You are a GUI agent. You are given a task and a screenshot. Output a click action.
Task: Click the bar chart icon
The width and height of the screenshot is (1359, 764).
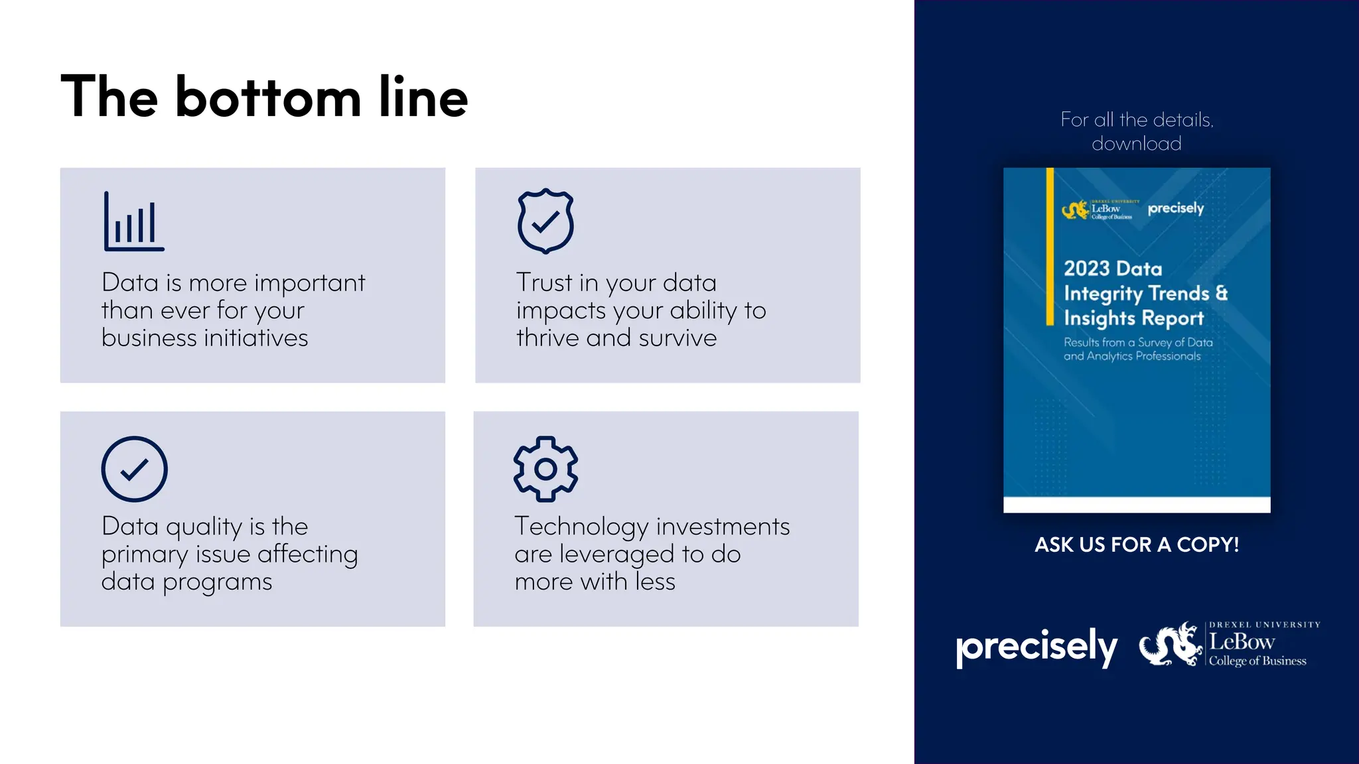[x=134, y=222]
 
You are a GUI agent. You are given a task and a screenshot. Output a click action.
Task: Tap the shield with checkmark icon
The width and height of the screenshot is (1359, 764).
[x=545, y=221]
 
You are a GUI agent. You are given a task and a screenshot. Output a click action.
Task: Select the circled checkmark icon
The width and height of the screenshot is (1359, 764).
[x=134, y=469]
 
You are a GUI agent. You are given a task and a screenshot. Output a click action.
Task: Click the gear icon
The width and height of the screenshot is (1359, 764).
[x=545, y=469]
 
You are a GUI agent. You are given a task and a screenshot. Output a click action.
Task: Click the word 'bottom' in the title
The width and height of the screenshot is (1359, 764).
[x=268, y=97]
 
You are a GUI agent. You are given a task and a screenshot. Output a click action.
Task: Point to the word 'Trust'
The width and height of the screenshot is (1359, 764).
[x=544, y=283]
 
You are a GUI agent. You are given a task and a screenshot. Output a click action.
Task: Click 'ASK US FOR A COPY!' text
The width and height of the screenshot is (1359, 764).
[x=1137, y=545]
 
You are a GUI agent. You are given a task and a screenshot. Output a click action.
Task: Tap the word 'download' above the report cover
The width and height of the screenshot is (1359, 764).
[x=1137, y=144]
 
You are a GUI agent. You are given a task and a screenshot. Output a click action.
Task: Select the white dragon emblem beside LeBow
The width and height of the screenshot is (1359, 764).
[x=1170, y=644]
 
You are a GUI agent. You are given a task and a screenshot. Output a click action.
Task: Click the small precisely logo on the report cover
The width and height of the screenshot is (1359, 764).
[x=1175, y=208]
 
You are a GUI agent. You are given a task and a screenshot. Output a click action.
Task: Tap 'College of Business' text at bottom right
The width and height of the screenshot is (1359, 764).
[x=1257, y=661]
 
